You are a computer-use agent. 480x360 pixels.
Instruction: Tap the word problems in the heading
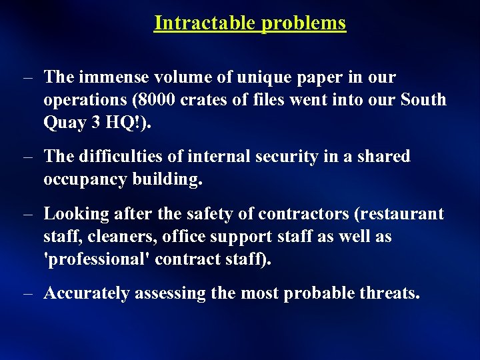(x=303, y=23)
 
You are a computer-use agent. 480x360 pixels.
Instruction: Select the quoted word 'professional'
(x=97, y=259)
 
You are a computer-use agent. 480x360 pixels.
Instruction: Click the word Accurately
(x=87, y=294)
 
